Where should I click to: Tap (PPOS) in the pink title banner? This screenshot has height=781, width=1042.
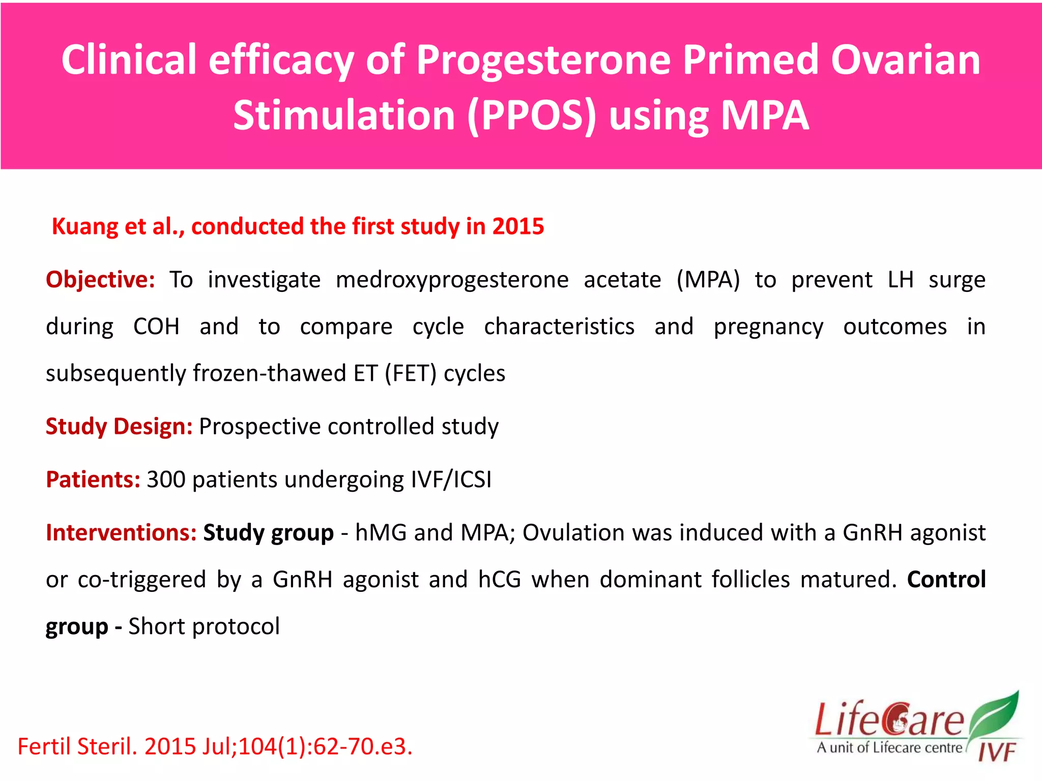[x=531, y=116]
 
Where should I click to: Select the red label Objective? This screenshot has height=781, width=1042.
[x=100, y=280]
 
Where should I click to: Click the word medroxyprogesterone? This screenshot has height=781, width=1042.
[x=452, y=280]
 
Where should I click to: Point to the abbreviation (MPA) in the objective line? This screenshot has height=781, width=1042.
[x=708, y=280]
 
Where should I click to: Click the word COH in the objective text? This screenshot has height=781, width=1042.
[x=156, y=326]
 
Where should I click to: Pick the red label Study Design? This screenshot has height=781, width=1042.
[x=119, y=426]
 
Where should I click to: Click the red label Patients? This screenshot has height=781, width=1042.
[x=93, y=479]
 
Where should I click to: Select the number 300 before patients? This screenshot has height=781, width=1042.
[x=166, y=479]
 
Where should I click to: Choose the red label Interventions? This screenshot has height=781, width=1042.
[x=121, y=533]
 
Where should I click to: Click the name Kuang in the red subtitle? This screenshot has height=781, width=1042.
[x=84, y=226]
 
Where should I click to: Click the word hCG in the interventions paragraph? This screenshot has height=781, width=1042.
[x=500, y=580]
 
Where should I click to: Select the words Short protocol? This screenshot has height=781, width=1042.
[x=204, y=626]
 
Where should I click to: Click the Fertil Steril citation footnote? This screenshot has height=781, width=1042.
[x=215, y=746]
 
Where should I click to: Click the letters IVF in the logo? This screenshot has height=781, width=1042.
[x=997, y=752]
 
